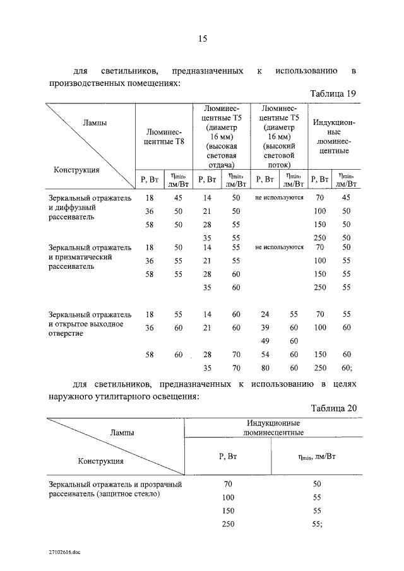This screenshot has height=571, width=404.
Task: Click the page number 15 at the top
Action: click(203, 39)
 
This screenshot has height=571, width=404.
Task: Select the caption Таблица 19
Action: click(335, 93)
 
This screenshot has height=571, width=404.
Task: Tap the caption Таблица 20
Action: click(335, 408)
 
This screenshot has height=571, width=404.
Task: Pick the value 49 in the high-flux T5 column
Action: click(265, 341)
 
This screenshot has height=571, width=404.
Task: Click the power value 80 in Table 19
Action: click(265, 367)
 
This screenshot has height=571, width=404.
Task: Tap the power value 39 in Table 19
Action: click(265, 327)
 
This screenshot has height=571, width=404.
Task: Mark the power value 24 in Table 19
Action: click(265, 314)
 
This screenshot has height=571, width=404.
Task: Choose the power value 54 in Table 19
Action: click(265, 355)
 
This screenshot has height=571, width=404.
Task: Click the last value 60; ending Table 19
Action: click(347, 367)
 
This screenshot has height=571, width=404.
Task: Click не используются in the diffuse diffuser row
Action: click(279, 197)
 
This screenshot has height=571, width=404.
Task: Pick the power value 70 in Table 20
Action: click(229, 485)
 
